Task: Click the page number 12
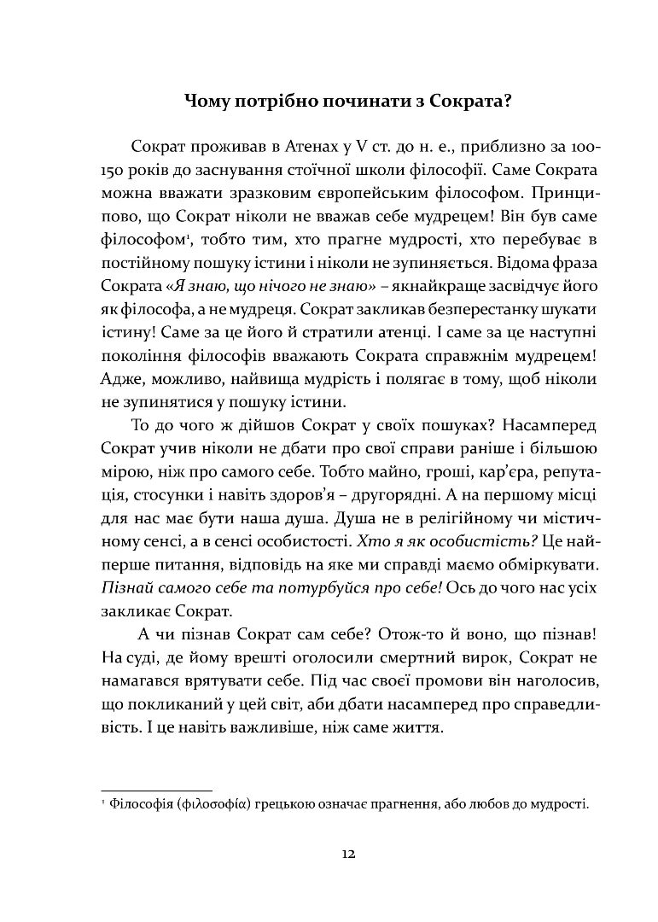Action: pos(347,854)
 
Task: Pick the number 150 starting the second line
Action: pos(115,167)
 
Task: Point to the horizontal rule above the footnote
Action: pos(156,790)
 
